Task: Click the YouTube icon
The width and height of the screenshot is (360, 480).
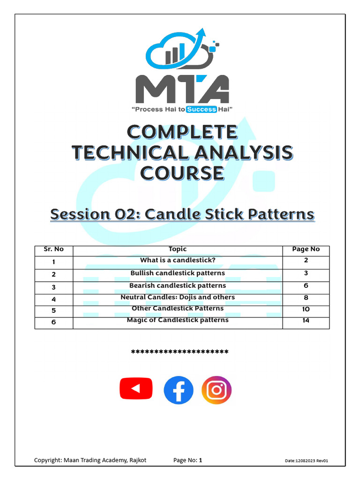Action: [x=136, y=389]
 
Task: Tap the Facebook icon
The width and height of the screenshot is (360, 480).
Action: [x=179, y=390]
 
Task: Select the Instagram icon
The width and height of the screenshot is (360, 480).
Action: [x=217, y=390]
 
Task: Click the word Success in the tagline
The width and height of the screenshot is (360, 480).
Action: [x=202, y=109]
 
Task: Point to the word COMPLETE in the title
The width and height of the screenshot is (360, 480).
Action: [x=182, y=132]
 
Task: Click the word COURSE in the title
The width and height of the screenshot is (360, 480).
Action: [x=182, y=173]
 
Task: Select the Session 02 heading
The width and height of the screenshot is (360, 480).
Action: [x=182, y=214]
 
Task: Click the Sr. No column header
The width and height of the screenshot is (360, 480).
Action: [x=53, y=249]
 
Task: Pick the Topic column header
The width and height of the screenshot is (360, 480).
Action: [x=177, y=249]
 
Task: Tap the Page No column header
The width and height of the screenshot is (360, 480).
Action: [x=306, y=249]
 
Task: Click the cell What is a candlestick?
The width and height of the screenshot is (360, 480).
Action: [x=178, y=260]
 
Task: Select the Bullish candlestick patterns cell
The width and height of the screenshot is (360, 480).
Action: [x=178, y=273]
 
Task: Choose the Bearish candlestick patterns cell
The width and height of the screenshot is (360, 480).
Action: [x=178, y=285]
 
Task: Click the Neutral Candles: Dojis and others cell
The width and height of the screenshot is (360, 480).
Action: [x=178, y=297]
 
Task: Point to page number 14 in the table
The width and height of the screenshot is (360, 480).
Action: [x=306, y=321]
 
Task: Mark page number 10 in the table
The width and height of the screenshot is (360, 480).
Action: [x=306, y=309]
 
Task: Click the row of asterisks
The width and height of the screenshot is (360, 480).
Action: [x=180, y=352]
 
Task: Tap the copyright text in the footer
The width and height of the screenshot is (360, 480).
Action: [x=90, y=460]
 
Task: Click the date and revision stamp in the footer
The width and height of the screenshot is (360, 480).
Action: [x=307, y=461]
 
